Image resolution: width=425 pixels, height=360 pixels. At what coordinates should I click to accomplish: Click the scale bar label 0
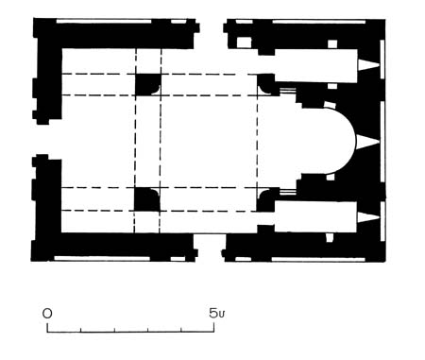coord(47,314)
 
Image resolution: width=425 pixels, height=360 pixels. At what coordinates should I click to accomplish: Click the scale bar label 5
coord(213,313)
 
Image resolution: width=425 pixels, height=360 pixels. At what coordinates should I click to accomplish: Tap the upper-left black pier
coord(147,84)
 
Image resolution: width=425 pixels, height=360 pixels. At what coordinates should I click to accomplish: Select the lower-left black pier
coord(146,199)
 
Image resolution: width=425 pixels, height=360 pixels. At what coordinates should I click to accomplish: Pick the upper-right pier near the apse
coord(267,84)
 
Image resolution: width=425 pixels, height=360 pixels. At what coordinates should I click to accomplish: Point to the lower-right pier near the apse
coord(266,199)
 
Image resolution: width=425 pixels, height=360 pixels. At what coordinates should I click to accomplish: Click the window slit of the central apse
coord(367,141)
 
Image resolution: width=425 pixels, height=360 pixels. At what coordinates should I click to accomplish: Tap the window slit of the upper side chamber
coord(368,65)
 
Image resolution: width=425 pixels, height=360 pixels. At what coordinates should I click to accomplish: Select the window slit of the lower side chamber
coord(368,217)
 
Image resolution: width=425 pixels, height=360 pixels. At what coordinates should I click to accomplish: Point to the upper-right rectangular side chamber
coord(315,65)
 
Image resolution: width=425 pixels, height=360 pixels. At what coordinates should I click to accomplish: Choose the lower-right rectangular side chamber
coord(315,217)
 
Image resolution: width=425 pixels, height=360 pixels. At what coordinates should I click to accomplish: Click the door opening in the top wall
coord(211,34)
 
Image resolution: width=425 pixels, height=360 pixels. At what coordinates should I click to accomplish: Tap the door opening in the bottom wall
coord(210,248)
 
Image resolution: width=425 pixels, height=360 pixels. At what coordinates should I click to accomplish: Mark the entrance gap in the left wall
coord(47,139)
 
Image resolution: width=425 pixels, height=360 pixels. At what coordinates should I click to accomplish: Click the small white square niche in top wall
coord(244,43)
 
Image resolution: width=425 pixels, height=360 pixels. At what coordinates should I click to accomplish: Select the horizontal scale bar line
coord(130,332)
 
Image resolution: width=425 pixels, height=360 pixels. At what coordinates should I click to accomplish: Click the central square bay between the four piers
coord(209,141)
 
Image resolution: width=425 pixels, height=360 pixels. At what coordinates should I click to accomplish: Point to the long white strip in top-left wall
coord(104,22)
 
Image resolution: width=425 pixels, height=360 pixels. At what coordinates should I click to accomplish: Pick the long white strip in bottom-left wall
coord(102,259)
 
